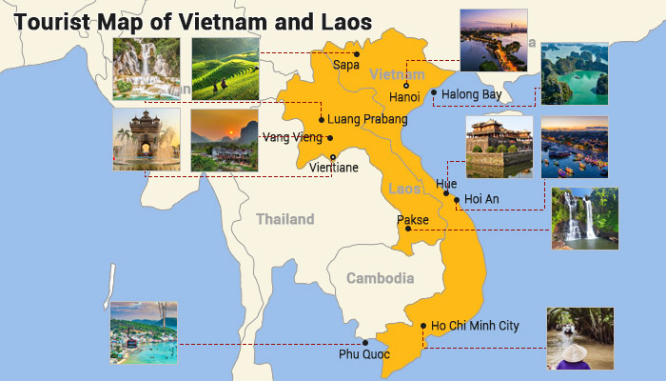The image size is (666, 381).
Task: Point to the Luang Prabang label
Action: (x=366, y=120)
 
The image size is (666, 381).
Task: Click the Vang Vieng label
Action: (x=293, y=137)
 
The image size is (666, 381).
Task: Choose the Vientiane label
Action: (x=334, y=169)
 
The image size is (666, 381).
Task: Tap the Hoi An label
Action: (x=481, y=199)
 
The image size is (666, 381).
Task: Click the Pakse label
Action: (x=412, y=220)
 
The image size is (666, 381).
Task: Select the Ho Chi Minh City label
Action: (x=475, y=326)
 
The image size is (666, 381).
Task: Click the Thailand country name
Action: (x=284, y=220)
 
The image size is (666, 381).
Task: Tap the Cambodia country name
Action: (x=380, y=279)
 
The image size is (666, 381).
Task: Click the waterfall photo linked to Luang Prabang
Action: (x=147, y=69)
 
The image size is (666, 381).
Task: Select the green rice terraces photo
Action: (x=225, y=69)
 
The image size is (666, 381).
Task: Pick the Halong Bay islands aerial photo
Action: (x=574, y=73)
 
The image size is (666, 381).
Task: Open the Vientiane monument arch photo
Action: (x=147, y=140)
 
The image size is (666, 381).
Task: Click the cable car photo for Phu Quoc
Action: (x=144, y=332)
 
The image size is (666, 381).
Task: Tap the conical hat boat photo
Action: (x=579, y=338)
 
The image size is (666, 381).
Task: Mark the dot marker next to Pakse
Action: (x=407, y=229)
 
